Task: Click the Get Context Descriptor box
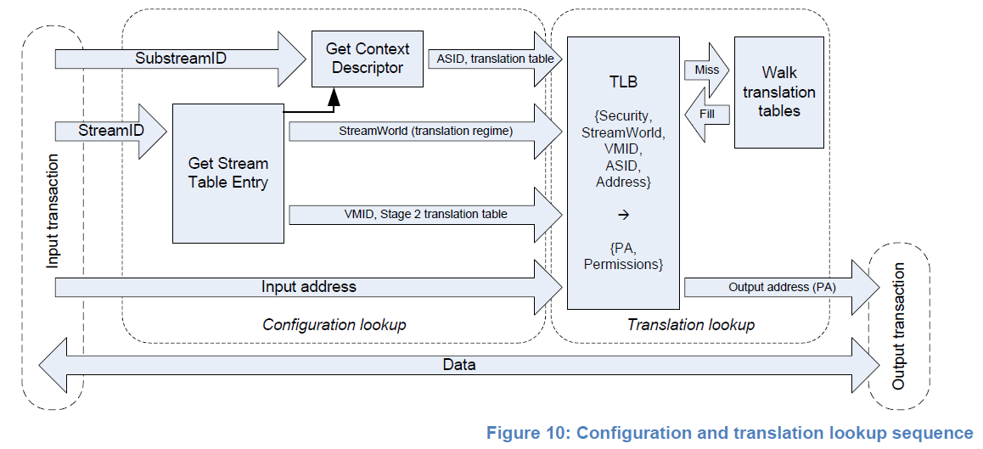(367, 59)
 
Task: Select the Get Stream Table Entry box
(227, 173)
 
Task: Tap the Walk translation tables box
(778, 92)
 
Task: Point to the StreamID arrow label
(111, 131)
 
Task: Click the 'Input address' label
(308, 287)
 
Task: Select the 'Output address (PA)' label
(781, 287)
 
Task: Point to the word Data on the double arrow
(459, 365)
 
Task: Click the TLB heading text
(623, 82)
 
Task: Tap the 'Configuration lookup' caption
(334, 324)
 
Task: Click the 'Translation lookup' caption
(690, 324)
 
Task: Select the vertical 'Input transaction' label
(53, 211)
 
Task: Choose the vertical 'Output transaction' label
(899, 326)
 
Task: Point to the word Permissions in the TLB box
(622, 264)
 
